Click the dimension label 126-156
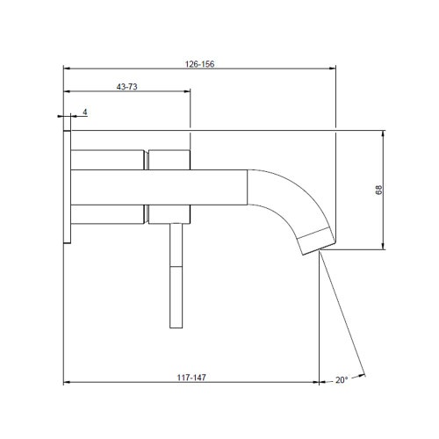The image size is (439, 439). pos(201,64)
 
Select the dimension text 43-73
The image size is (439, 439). pos(127,86)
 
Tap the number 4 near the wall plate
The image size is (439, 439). pos(84,112)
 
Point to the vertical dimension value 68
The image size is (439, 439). pos(378,191)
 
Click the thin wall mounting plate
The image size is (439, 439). pos(66,185)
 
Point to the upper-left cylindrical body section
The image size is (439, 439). pos(106,159)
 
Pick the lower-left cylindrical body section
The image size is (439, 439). pos(106,212)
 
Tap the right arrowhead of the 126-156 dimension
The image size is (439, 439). pos(333,68)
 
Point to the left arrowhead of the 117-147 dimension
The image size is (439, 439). pos(68,383)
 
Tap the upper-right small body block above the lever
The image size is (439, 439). pos(169,159)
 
